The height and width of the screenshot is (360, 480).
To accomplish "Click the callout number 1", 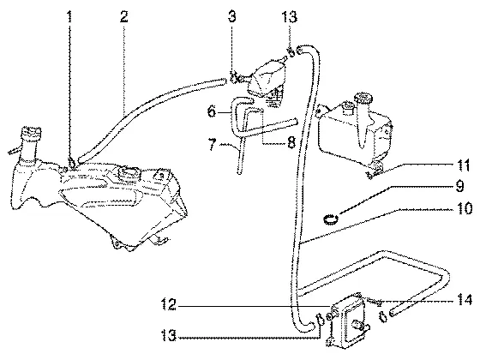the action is click(x=69, y=17).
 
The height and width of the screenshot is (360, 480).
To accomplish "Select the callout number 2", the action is click(x=123, y=17).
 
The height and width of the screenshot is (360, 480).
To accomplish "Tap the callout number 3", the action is click(x=232, y=17).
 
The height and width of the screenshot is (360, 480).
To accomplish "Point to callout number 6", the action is click(x=212, y=111).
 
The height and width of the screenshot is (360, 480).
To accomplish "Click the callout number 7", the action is click(x=213, y=144).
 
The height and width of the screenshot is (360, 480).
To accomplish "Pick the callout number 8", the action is click(x=291, y=142).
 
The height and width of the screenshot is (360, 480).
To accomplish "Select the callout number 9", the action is click(x=459, y=186).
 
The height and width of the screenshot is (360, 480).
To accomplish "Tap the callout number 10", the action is click(x=465, y=208).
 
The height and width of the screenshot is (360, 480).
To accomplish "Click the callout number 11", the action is click(x=464, y=165).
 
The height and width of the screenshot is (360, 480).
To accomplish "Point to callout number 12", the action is click(x=169, y=305).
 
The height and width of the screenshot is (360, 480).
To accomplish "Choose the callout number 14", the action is click(x=465, y=300).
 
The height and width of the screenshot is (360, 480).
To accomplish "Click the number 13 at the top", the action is click(x=290, y=17).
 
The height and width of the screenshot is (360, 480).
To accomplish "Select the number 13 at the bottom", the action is click(x=169, y=336).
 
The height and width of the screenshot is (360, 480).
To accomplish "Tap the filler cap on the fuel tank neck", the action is click(x=31, y=132).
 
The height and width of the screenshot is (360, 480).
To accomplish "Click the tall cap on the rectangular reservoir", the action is click(x=363, y=99).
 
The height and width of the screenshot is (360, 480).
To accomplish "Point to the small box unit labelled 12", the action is click(x=349, y=320).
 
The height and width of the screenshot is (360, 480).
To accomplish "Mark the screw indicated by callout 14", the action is click(x=374, y=302).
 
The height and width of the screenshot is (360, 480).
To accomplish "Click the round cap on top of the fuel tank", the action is click(x=128, y=173).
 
